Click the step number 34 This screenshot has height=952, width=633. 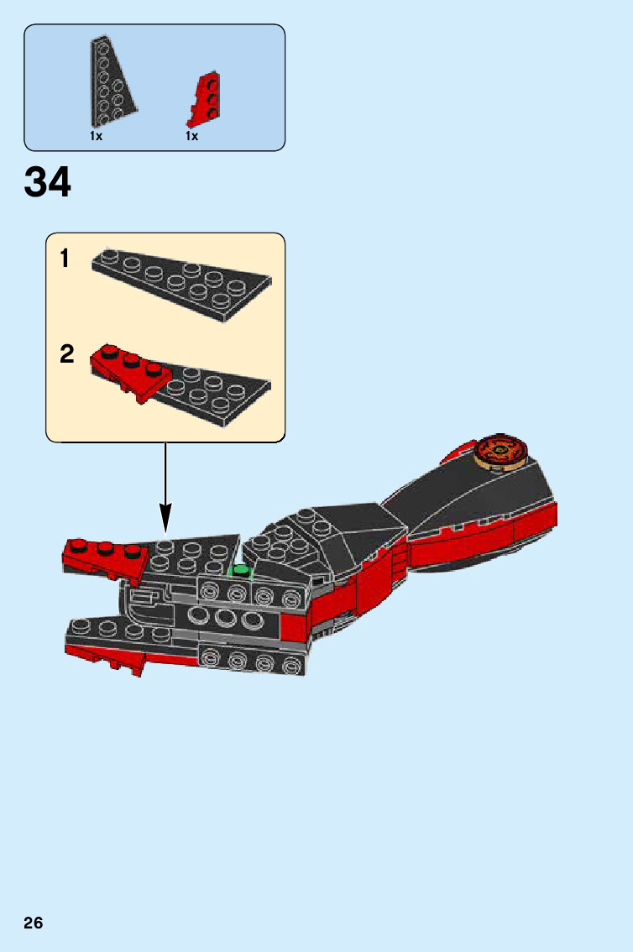[48, 183]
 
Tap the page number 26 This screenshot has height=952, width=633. [34, 923]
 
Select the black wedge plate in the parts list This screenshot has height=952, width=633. [110, 84]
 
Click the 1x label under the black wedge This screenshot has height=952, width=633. [97, 136]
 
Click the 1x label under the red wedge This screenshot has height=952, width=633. [192, 136]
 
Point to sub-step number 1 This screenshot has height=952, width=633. [65, 259]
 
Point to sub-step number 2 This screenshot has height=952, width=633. [67, 354]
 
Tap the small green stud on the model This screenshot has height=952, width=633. [242, 571]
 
